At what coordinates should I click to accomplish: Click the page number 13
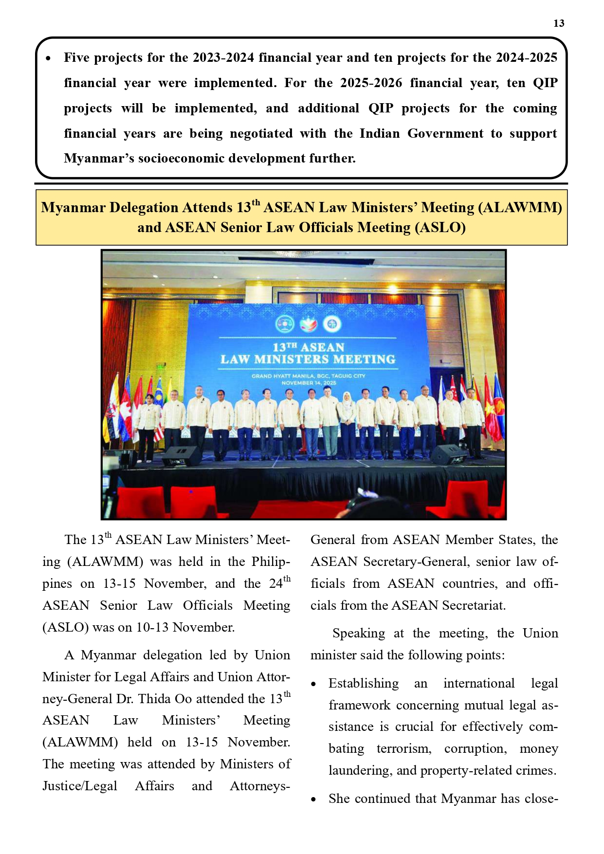[x=559, y=23]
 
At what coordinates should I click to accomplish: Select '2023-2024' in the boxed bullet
[x=223, y=58]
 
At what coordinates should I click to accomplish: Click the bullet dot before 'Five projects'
[x=48, y=58]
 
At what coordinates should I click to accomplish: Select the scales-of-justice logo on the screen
[x=285, y=324]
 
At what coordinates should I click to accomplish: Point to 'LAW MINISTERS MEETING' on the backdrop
[x=308, y=360]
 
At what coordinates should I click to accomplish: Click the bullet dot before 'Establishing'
[x=314, y=684]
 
